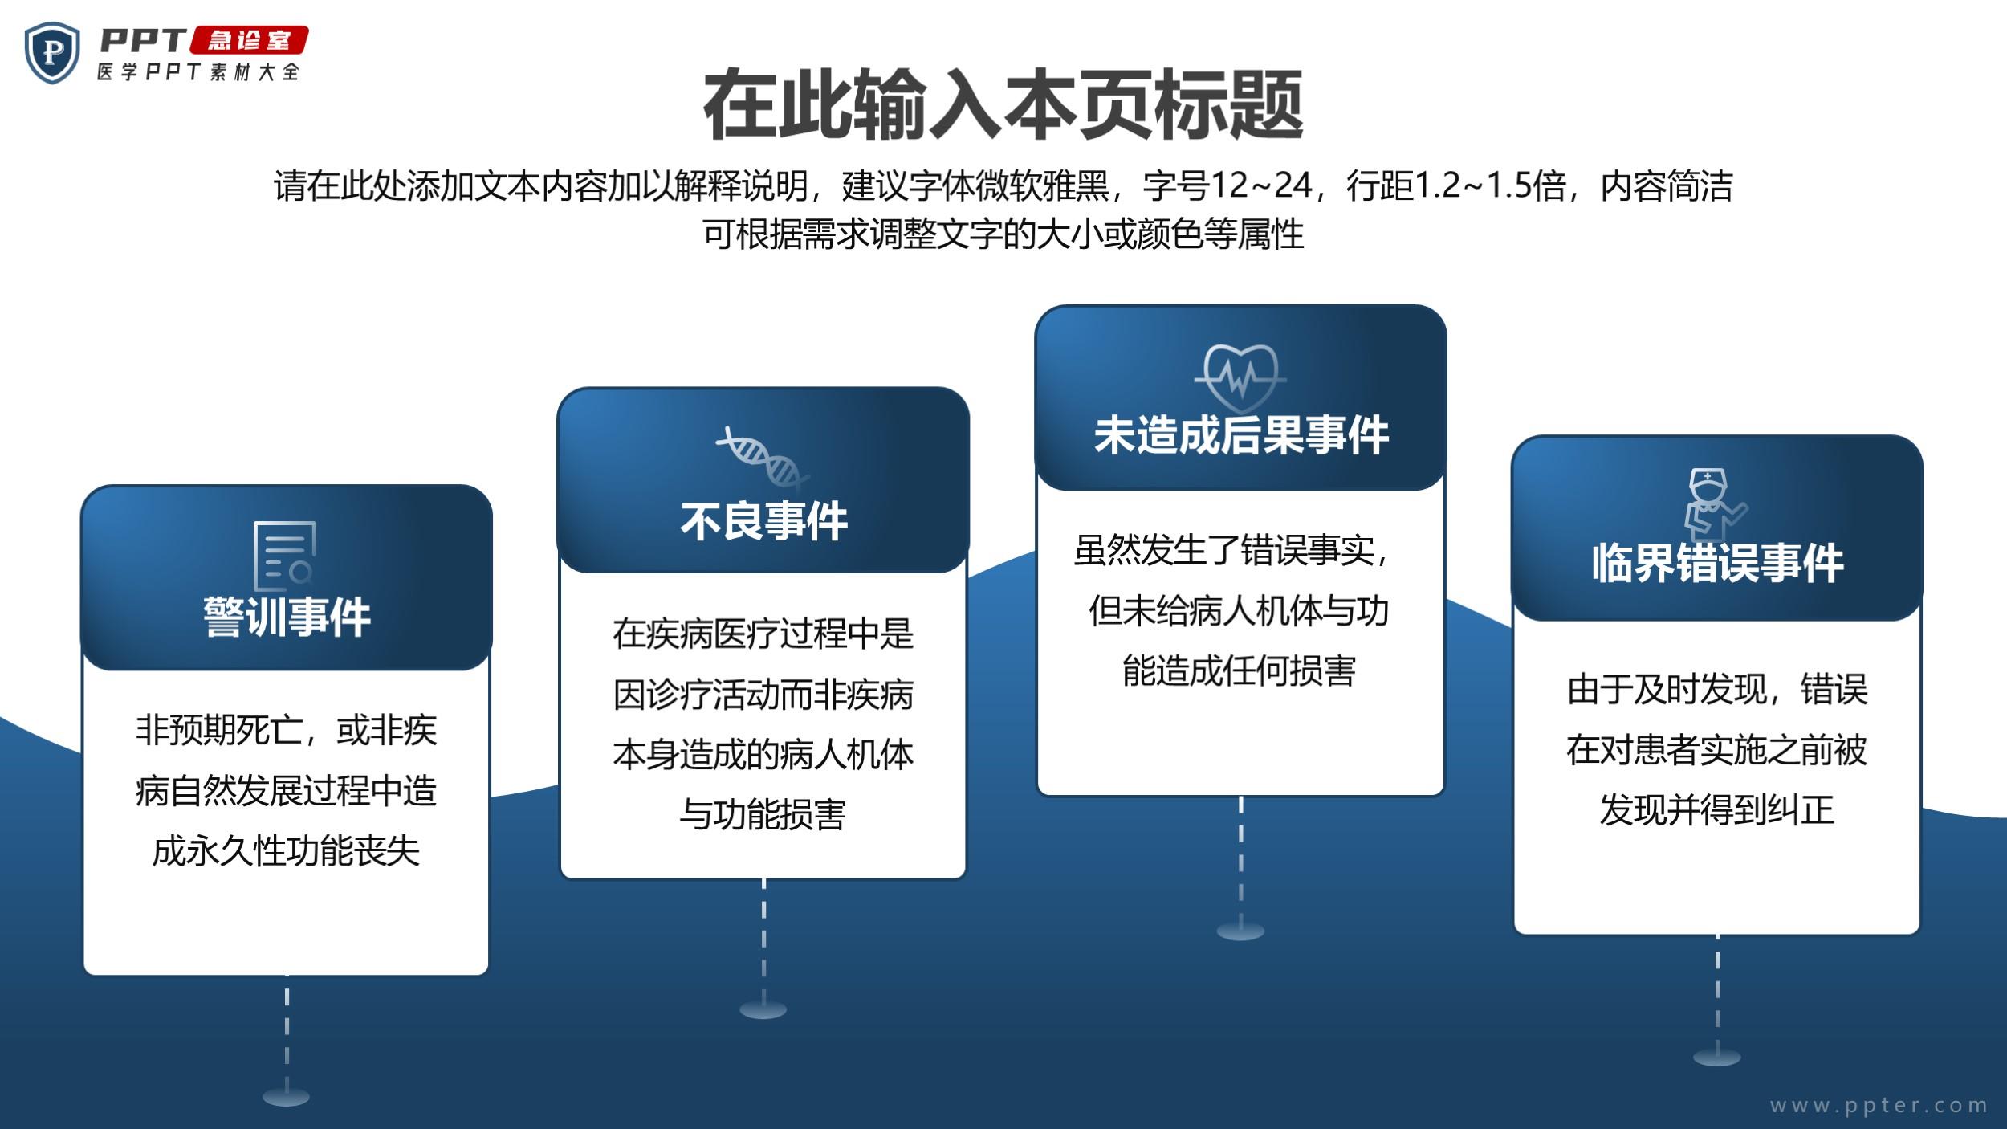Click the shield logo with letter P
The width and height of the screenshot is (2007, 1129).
click(52, 53)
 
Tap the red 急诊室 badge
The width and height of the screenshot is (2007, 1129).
click(249, 40)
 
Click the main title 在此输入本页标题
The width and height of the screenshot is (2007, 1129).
click(1003, 105)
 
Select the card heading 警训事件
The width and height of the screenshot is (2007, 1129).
click(287, 617)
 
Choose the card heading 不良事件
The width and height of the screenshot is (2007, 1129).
click(763, 521)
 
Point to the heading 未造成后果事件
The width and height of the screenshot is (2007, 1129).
click(1241, 435)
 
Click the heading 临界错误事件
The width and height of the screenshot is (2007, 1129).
click(1717, 563)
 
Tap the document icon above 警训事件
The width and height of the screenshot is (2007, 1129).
click(284, 556)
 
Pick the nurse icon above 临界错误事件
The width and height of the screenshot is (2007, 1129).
click(1716, 504)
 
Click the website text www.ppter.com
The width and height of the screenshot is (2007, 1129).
click(1879, 1106)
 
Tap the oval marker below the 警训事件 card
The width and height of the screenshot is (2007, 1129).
click(286, 1096)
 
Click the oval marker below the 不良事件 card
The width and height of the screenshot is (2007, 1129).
click(763, 1009)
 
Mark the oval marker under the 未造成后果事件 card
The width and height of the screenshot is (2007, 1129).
click(1240, 931)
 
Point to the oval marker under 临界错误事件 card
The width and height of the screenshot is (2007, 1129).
click(1717, 1057)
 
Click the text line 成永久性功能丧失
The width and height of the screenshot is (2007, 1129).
click(286, 851)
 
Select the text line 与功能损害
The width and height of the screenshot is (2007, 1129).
click(763, 814)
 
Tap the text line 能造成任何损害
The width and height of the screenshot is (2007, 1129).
click(1239, 670)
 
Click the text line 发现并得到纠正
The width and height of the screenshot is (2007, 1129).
click(1716, 809)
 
